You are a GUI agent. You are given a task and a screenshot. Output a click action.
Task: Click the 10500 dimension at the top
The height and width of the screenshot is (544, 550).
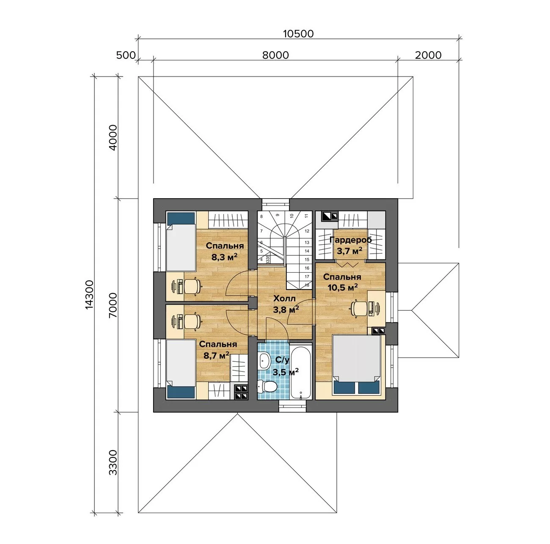298,34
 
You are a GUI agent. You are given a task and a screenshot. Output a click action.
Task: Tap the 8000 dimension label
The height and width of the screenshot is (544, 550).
275,55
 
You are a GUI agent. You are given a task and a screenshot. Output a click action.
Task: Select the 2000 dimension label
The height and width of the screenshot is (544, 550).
428,55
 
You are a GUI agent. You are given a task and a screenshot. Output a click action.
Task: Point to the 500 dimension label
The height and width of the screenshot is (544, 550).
126,55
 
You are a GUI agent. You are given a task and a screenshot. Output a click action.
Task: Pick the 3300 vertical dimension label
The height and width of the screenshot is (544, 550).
113,462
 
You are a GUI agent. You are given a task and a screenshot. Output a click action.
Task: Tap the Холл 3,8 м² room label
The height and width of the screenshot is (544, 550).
286,304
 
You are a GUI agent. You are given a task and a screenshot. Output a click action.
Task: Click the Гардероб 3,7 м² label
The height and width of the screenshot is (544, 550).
350,245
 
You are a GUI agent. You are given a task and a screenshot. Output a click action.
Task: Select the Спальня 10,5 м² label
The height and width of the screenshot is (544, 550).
342,282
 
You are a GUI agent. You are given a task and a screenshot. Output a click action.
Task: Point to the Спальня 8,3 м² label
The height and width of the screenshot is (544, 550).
225,251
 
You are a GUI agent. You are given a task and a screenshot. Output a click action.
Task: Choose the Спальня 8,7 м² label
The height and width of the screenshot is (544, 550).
217,350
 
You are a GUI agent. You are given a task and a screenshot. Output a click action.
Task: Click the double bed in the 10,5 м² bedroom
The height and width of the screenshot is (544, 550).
357,365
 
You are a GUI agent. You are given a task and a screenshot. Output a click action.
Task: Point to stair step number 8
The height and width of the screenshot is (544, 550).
261,217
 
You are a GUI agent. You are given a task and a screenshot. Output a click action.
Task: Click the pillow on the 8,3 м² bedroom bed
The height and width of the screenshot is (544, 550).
181,218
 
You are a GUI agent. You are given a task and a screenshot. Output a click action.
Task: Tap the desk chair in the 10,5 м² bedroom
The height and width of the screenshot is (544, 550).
359,309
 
